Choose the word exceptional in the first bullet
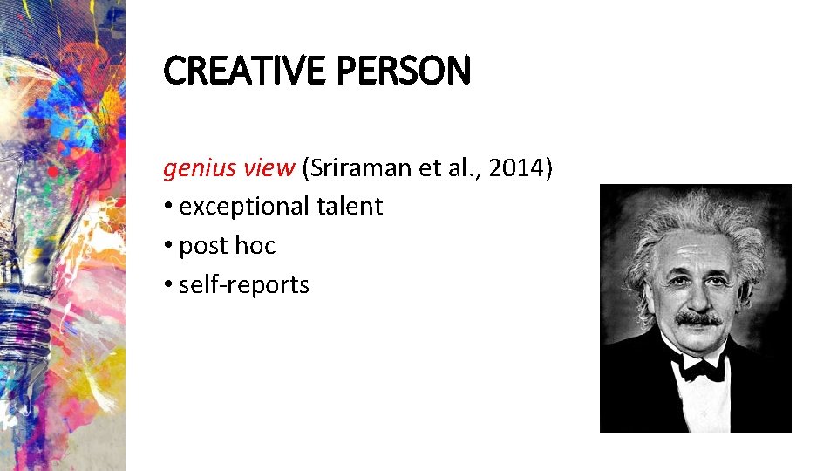(x=244, y=207)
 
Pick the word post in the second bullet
(x=204, y=247)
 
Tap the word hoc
(x=255, y=246)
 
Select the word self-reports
(x=244, y=284)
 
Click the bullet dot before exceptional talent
(x=167, y=208)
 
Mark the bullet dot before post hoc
(x=167, y=247)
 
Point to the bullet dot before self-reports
(x=167, y=285)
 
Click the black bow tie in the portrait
(x=704, y=369)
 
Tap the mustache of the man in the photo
(x=698, y=319)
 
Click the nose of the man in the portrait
(x=699, y=297)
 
